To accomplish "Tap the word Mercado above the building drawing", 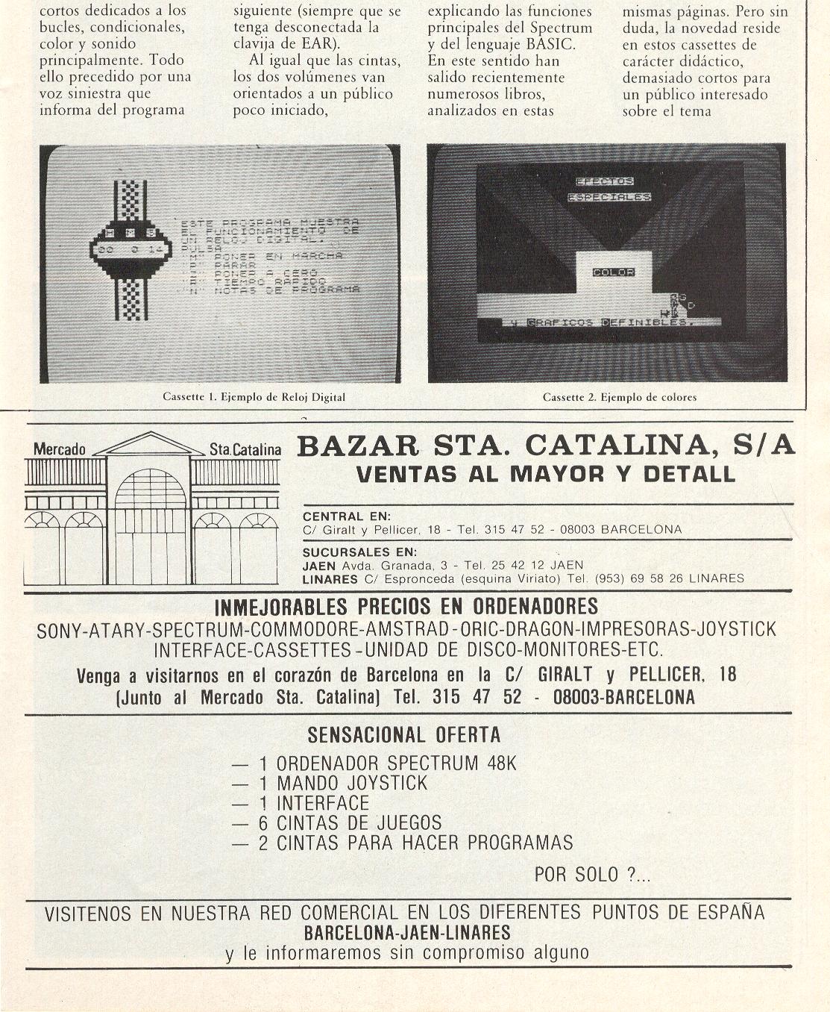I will click(x=60, y=449).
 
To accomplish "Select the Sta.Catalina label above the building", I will click(x=245, y=449).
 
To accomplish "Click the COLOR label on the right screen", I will click(x=613, y=272).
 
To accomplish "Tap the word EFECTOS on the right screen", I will click(x=604, y=181).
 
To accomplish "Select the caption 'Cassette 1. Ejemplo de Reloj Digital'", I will click(x=254, y=397).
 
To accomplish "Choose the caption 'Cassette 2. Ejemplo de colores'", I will click(x=619, y=397).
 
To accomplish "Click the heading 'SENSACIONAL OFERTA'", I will click(x=404, y=735).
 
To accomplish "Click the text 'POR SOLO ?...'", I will click(x=592, y=874).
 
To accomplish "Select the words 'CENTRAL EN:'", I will click(x=347, y=516).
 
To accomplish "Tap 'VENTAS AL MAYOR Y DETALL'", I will click(x=546, y=474).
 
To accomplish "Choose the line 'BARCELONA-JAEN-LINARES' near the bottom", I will click(x=407, y=933).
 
